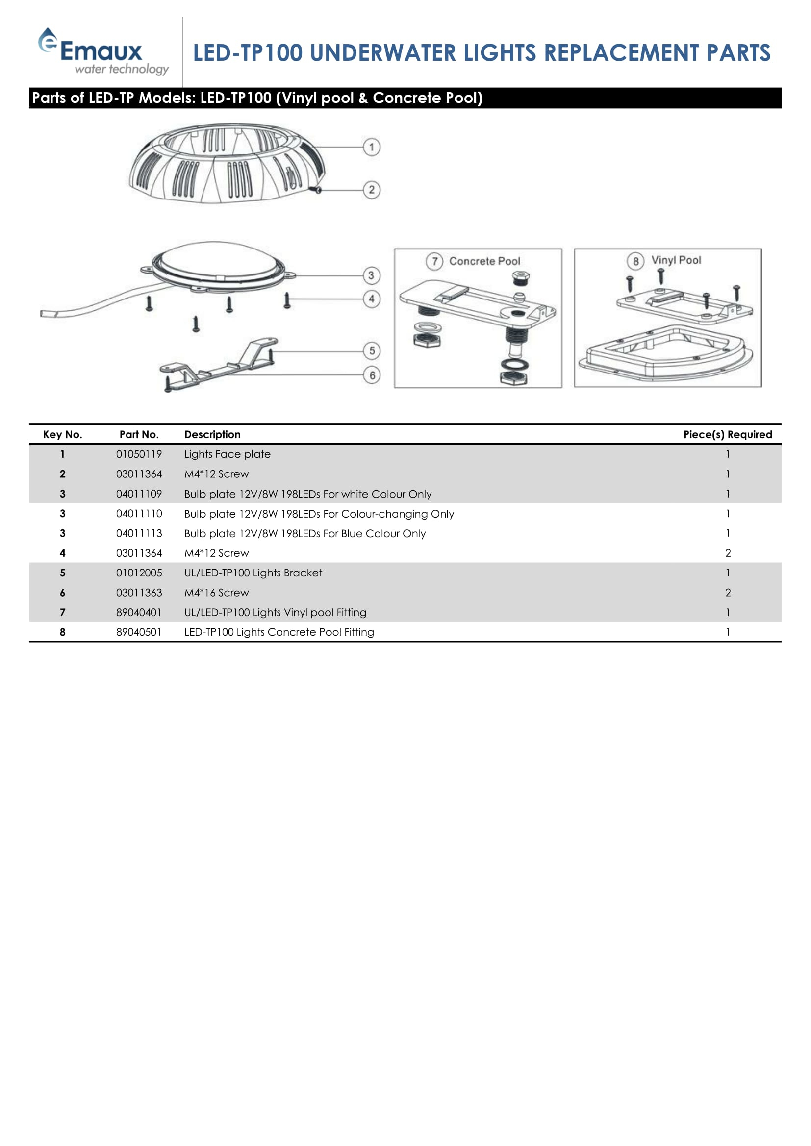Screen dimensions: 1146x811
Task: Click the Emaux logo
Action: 102,52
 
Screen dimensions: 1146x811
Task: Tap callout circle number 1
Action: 371,147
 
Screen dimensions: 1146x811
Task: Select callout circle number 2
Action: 371,190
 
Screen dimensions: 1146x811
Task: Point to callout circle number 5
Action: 372,350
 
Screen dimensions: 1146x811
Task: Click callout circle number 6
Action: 372,375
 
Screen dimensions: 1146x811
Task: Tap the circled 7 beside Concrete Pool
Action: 434,261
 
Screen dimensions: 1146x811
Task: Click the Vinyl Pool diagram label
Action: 676,260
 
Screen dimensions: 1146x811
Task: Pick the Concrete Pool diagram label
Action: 484,261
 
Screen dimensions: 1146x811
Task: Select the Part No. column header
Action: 139,434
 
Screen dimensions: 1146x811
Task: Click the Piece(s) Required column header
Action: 727,434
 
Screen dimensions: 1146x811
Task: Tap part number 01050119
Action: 139,454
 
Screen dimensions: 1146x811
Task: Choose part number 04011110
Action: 139,514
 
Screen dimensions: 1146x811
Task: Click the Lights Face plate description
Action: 227,454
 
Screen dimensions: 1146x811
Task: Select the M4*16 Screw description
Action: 216,593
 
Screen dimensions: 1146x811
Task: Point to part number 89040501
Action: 139,632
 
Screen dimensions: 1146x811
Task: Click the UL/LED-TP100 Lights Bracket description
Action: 253,573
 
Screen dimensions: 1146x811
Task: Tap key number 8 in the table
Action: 62,632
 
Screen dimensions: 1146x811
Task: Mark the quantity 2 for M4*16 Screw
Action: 728,593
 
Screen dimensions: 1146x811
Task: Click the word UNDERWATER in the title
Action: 382,53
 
